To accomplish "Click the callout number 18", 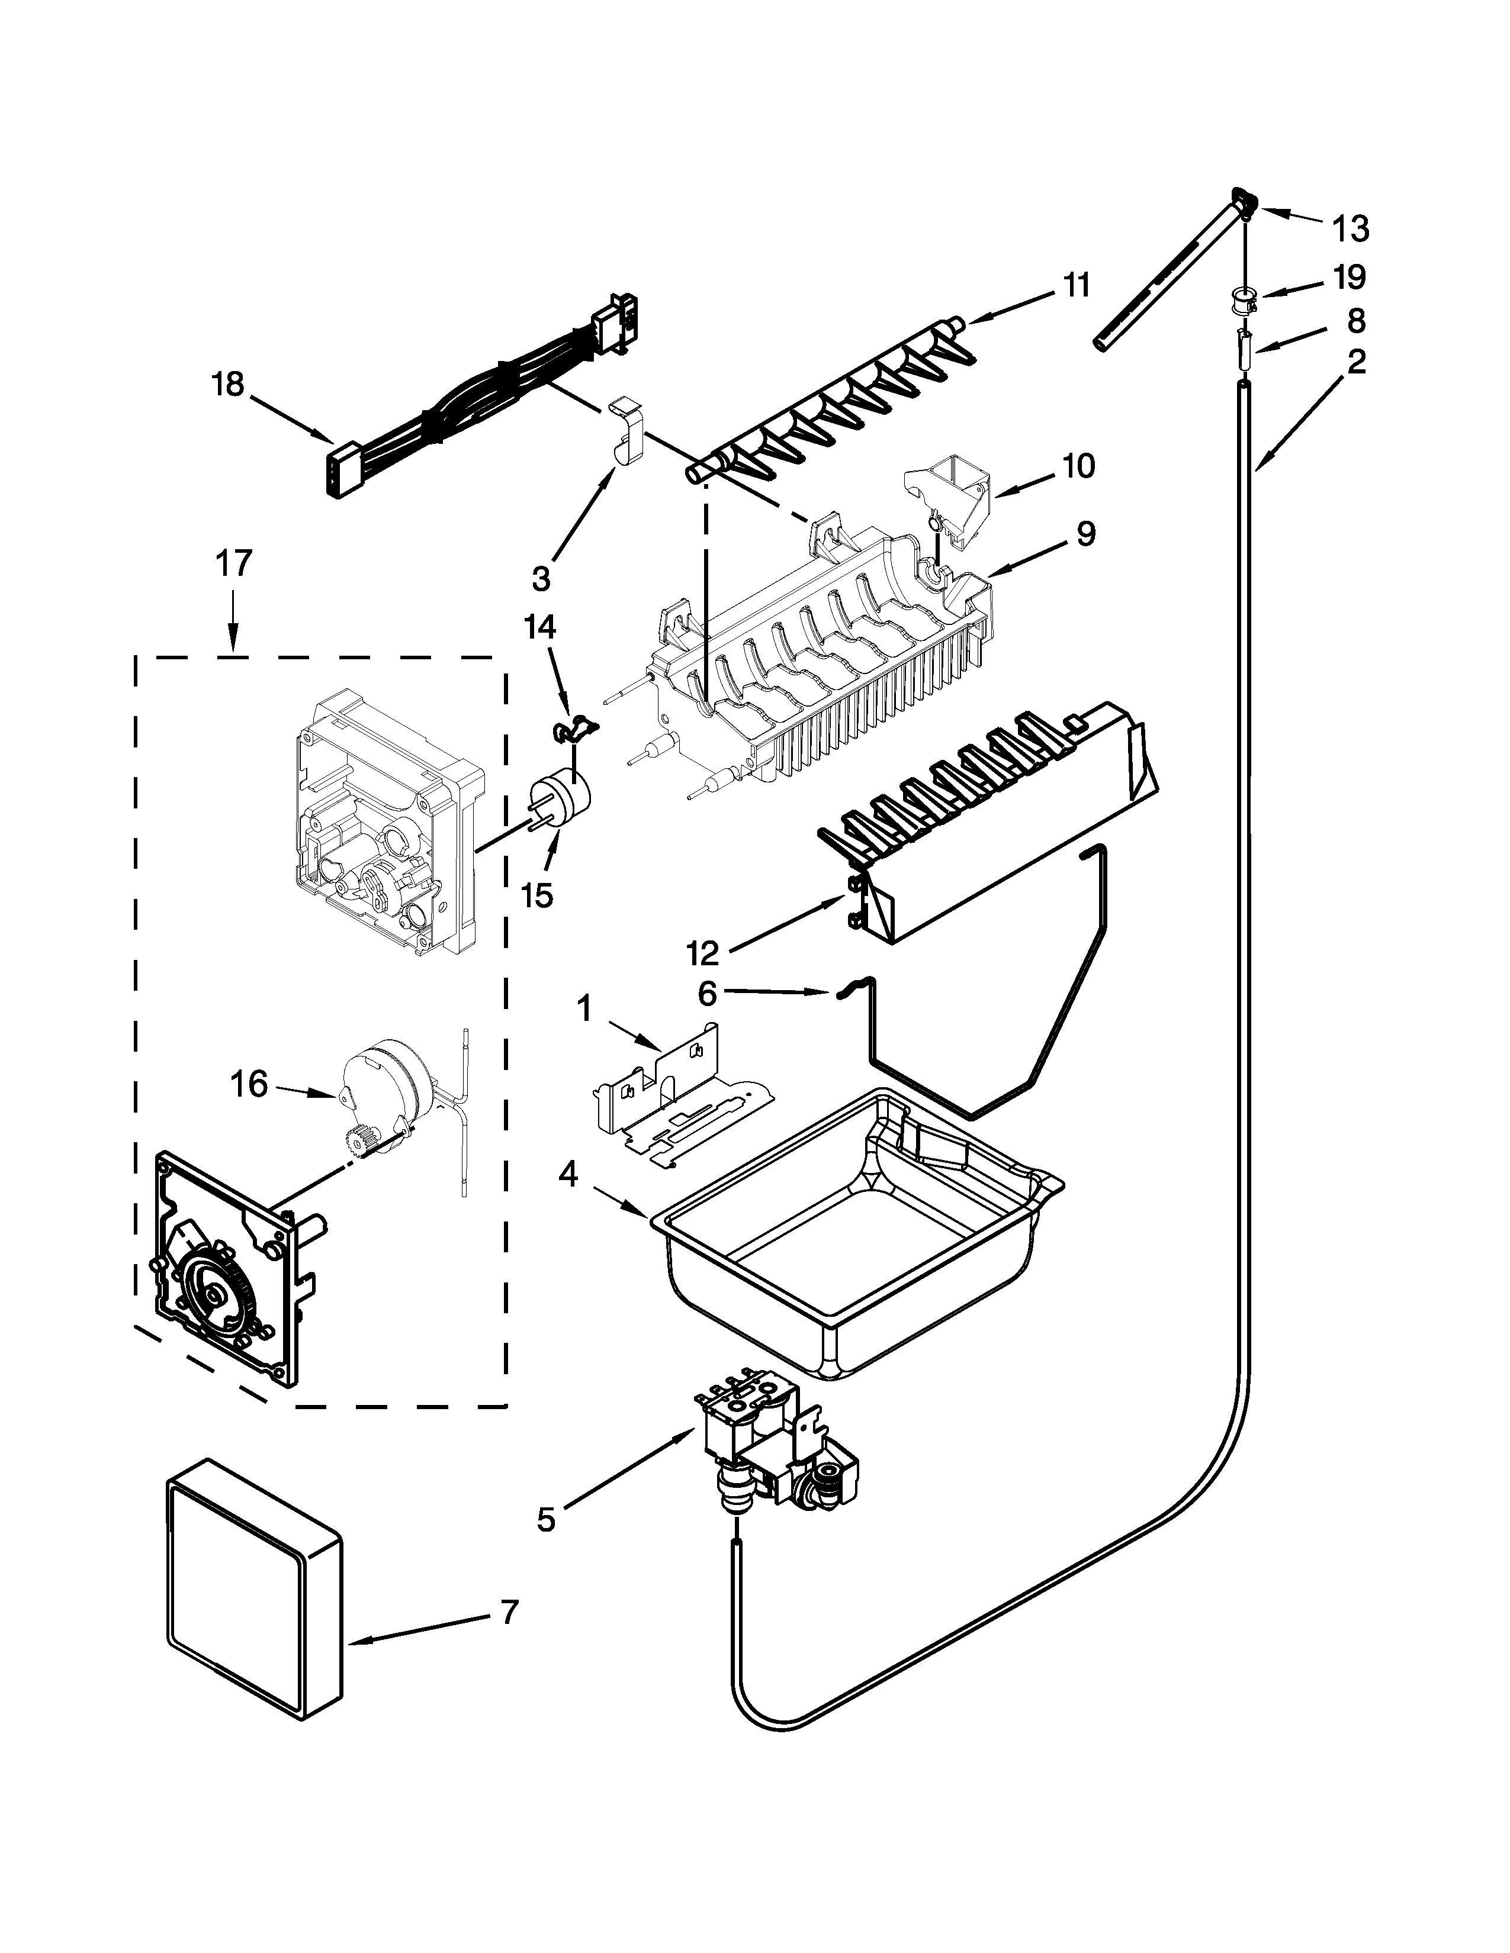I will click(227, 385).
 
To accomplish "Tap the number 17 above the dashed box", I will click(233, 564).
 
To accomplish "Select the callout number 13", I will click(1351, 229).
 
